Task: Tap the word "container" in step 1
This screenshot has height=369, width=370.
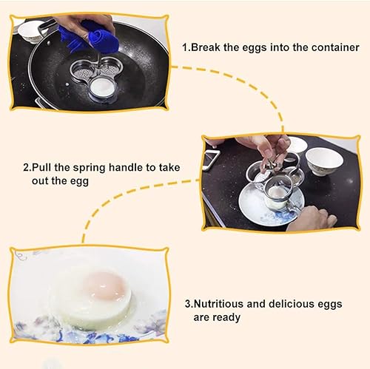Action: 331,47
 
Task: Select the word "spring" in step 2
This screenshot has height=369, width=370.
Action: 107,166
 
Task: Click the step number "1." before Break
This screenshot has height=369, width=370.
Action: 186,47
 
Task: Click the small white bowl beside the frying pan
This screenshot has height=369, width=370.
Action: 30,30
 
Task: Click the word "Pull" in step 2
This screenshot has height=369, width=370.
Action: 47,166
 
